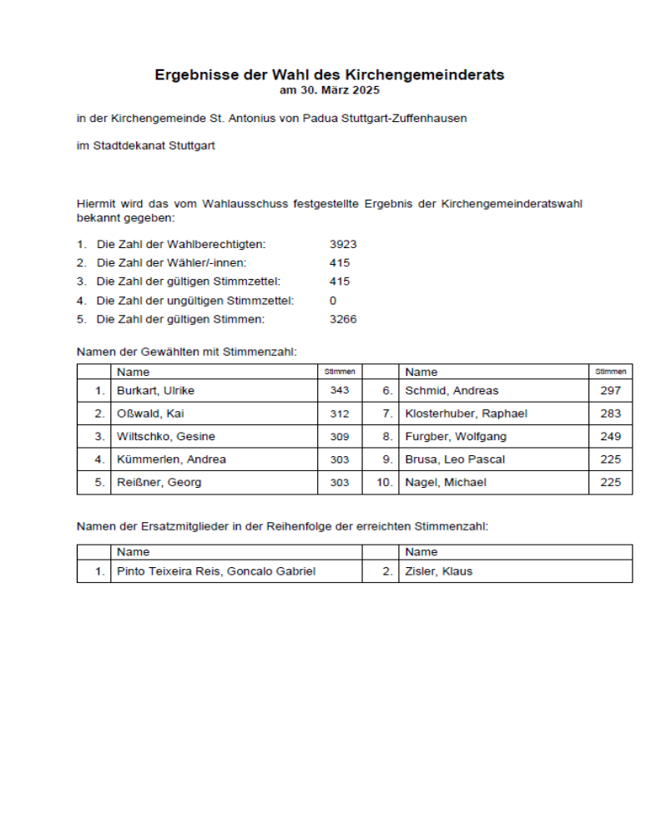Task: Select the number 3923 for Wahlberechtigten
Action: click(x=343, y=244)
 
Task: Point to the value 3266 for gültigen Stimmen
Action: click(x=343, y=319)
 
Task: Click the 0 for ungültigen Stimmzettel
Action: click(x=333, y=300)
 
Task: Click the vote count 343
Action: click(x=340, y=390)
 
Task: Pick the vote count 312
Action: click(x=340, y=413)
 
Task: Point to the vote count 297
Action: click(x=610, y=390)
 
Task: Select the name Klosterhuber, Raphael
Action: click(x=466, y=413)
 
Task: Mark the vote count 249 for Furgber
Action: click(x=610, y=436)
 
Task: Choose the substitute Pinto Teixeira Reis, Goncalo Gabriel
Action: click(x=216, y=571)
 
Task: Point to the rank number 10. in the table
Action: click(x=384, y=482)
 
